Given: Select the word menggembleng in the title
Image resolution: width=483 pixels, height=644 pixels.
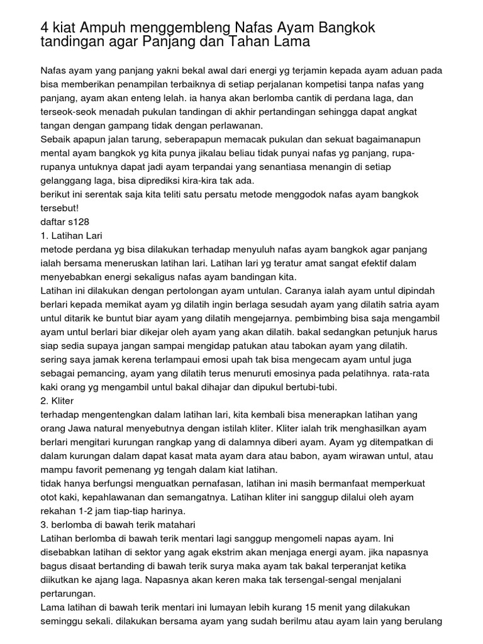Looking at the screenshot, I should click(182, 27).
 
